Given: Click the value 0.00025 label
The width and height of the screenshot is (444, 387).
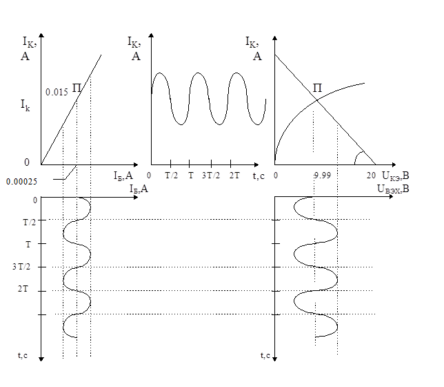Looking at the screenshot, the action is pos(21,182).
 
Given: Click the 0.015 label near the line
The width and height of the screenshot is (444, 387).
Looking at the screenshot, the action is pos(57,92).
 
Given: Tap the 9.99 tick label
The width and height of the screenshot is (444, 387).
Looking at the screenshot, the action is pos(323,176).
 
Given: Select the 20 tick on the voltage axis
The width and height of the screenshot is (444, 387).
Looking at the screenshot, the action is pos(371,176).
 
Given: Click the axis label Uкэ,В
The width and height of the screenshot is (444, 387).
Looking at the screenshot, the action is pos(396,176).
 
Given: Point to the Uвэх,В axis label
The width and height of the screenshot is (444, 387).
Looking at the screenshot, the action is pos(393,189).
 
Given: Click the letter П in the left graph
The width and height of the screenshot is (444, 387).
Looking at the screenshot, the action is pos(77,88).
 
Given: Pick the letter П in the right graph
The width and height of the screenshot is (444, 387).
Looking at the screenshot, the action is pos(317,88).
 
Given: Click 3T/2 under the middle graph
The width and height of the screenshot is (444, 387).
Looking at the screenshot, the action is pos(211,176).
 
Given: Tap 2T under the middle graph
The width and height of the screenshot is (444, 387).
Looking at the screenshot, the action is pos(234,176).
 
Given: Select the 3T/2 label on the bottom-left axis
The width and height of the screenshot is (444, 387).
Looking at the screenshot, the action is pos(21,267).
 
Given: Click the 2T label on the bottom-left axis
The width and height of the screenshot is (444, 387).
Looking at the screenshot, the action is pos(23,289).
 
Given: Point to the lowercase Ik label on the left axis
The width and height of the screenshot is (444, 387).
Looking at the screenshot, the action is pos(25,105).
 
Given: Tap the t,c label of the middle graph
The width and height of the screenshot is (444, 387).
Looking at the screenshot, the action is pos(259,176).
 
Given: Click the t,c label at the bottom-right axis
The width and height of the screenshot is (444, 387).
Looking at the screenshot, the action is pos(265,355).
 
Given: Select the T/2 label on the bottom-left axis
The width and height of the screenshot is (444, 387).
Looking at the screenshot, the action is pos(30,223).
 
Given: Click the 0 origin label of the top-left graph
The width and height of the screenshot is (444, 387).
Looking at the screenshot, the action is pos(27,162).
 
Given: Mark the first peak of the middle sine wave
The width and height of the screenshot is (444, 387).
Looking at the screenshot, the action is pos(159,73).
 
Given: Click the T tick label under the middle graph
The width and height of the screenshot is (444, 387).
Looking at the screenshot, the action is pos(191,176).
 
